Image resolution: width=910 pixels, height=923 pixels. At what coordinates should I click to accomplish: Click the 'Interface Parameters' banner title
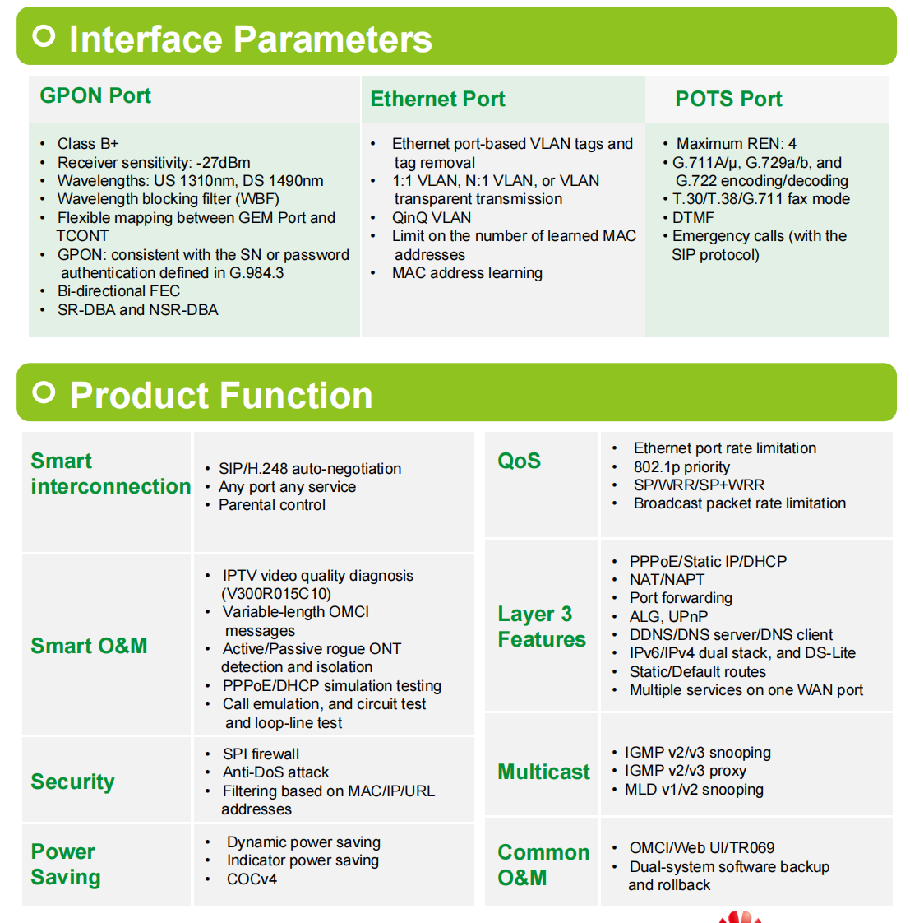[251, 39]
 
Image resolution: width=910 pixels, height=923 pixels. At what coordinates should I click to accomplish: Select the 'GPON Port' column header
[95, 95]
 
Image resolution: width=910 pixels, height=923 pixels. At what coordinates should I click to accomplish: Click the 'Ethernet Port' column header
[437, 98]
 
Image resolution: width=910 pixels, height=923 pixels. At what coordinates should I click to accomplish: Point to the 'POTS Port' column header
[728, 98]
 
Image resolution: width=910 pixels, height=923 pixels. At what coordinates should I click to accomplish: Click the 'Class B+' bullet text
[88, 144]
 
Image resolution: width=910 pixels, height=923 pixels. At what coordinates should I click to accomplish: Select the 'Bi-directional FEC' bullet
[118, 290]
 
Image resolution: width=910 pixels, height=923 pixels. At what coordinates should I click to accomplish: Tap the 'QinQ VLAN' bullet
[432, 217]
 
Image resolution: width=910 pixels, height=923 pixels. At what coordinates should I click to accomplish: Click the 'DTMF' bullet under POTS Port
[693, 217]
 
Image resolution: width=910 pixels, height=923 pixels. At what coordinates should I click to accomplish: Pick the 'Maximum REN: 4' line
[737, 144]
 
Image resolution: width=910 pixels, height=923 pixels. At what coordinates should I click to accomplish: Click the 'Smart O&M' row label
[89, 646]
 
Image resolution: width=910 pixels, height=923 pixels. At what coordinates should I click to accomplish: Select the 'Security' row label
[72, 782]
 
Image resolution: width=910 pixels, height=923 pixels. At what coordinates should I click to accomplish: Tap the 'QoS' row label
[519, 461]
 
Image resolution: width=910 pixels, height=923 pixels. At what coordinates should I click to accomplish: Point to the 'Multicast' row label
[543, 771]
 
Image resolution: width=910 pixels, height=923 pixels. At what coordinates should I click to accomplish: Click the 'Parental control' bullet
[272, 504]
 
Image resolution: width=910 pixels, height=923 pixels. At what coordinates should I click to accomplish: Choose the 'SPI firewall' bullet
[261, 754]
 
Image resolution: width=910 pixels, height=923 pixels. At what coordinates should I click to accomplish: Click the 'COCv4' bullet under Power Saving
[252, 879]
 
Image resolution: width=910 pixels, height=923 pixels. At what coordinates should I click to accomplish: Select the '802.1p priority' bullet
[681, 466]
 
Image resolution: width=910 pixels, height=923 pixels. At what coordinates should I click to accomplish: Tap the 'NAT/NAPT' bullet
[667, 579]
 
